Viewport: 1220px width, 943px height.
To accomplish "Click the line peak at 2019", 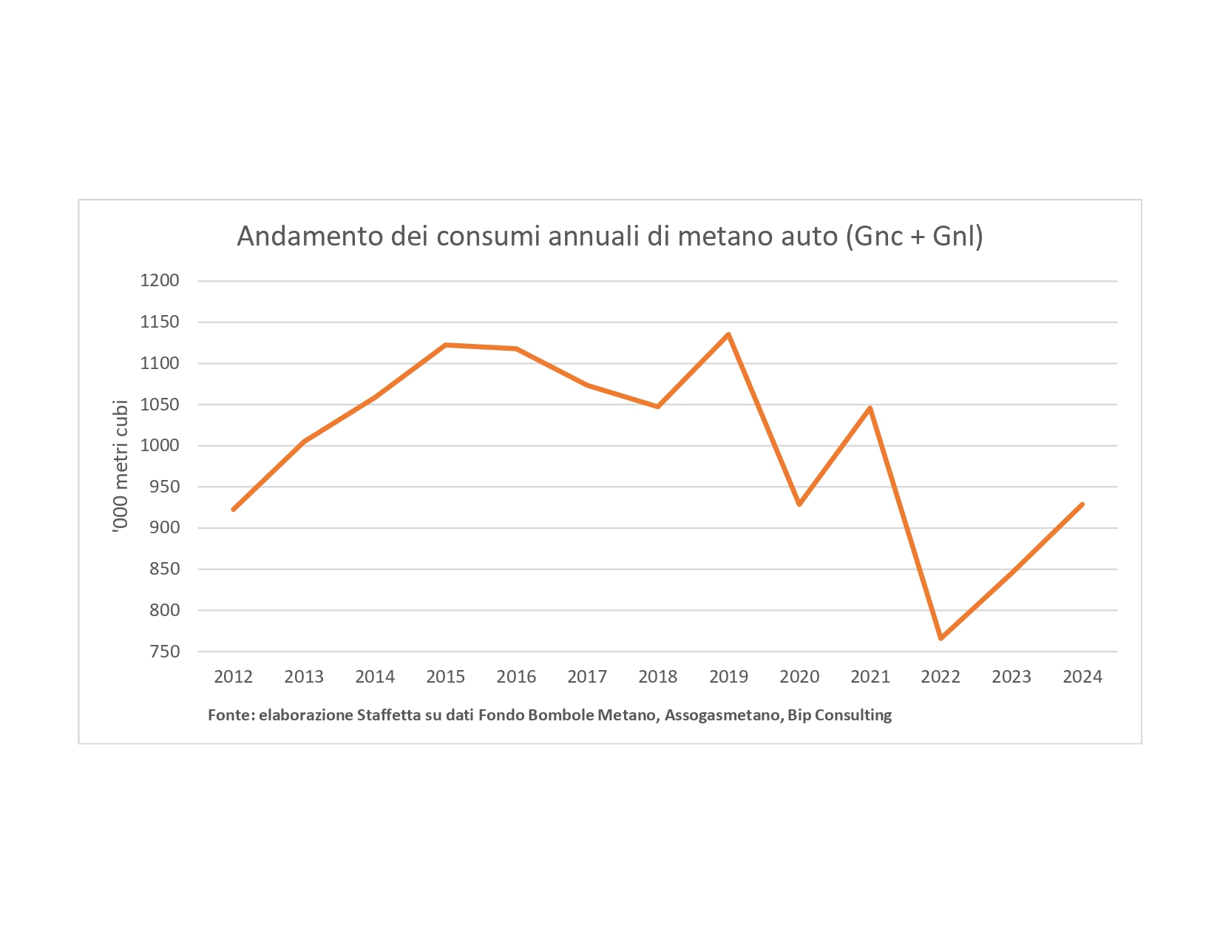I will pos(728,334).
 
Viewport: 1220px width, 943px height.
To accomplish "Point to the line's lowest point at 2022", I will pos(941,638).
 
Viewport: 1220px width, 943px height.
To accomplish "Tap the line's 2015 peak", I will pos(446,345).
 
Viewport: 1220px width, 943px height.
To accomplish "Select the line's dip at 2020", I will pos(799,504).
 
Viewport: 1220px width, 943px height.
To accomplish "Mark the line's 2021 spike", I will pos(870,408).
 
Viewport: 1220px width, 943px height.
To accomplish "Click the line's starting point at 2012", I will pos(234,510).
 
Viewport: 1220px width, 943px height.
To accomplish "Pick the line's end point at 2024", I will pos(1082,504).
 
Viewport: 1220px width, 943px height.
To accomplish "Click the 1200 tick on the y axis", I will pos(160,281).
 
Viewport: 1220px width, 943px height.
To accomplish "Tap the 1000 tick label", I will pos(160,446).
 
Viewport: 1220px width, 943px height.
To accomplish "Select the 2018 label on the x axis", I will pos(657,677).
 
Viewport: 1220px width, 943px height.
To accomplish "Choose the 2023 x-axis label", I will pos(1011,677).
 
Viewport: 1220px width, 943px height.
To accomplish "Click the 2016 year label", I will pos(516,677).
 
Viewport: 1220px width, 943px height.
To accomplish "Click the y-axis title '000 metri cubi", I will pos(121,466).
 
